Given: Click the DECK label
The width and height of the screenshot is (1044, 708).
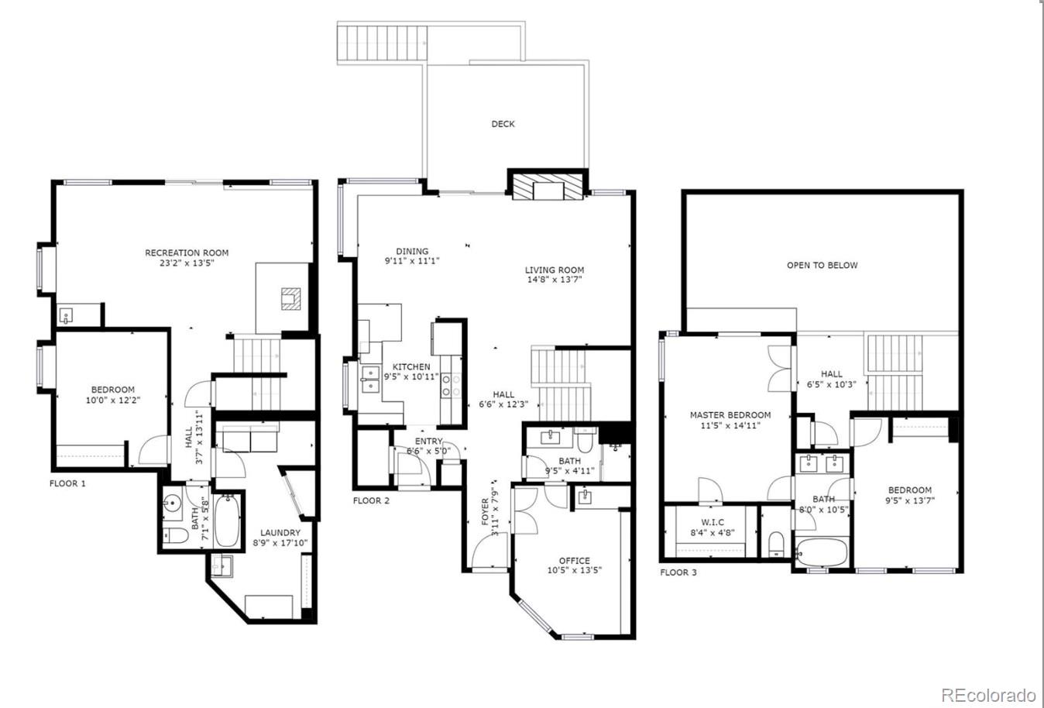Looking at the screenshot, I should coord(503,124).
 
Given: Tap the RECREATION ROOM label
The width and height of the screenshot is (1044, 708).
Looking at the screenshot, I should coord(187,253).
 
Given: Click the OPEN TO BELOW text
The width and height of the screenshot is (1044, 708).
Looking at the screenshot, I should coord(822,265).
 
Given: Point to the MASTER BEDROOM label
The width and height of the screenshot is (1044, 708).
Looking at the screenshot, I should coord(730,415).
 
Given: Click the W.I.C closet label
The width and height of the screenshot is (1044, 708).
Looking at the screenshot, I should coord(712,522).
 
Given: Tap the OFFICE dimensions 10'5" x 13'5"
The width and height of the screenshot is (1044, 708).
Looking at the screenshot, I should coord(574,571).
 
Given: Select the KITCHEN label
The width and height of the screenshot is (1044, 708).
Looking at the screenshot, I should coord(411,367).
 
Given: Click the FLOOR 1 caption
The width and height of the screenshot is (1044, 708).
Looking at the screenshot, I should coord(67,483).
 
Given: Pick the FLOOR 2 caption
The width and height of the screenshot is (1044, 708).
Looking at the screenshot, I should coord(371,500).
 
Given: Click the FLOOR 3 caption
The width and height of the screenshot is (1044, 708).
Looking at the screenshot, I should coord(678,572).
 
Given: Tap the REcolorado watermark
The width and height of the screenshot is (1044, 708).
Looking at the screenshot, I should coord(988,694).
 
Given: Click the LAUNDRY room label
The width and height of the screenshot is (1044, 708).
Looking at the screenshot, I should coord(280,533).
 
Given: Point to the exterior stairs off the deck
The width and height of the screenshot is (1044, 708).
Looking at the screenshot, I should coord(383,39).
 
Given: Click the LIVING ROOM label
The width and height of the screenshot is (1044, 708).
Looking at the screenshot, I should coord(555,270).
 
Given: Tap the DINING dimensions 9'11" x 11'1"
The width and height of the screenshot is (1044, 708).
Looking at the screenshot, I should coord(412,261).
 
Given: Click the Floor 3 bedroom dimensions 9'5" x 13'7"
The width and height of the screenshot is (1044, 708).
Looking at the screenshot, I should coord(910,500).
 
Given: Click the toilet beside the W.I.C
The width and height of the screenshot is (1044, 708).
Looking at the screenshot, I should coord(775,545).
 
